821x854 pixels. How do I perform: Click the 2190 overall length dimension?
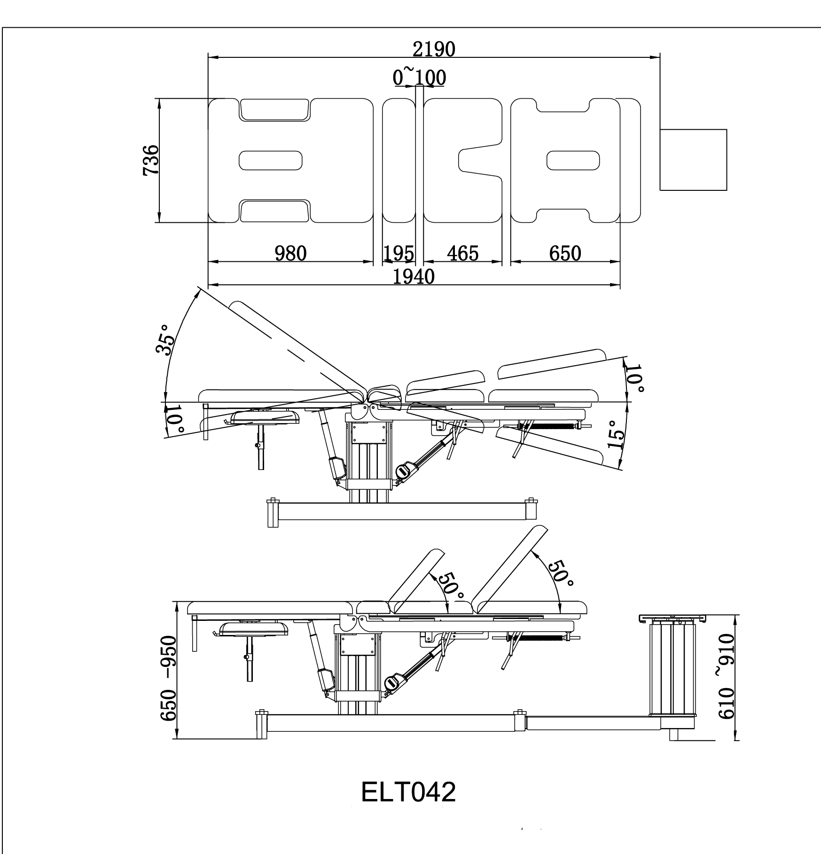coord(434,49)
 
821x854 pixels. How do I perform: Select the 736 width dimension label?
coord(151,160)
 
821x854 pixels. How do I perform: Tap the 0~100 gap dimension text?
coord(419,78)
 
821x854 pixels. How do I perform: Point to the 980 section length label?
coord(290,254)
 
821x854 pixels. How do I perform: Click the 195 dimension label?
coord(399,254)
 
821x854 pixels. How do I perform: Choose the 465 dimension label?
coord(462,254)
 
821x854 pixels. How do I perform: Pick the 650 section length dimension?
coord(565,254)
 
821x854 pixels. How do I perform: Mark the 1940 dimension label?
coord(414,277)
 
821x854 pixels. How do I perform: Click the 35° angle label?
coord(165,338)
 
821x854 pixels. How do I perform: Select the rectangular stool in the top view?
coord(693,160)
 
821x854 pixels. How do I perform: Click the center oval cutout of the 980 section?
coord(271,160)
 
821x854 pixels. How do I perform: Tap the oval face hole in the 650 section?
coord(573,160)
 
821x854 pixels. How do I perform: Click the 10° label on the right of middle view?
coord(636,378)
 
